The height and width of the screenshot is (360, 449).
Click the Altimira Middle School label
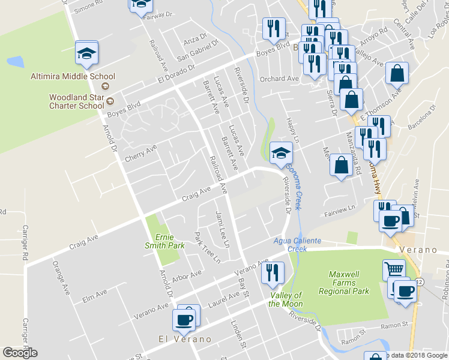click(73, 76)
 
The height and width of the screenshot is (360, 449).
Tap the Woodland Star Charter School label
click(77, 101)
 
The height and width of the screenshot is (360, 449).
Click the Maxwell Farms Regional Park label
click(351, 283)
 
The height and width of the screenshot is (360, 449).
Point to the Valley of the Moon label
click(285, 299)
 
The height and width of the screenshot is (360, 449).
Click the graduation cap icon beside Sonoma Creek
click(281, 153)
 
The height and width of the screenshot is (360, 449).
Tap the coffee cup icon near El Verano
click(184, 318)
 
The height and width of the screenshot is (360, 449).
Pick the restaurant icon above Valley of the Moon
click(273, 273)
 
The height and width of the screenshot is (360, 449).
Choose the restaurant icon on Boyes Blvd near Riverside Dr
click(273, 28)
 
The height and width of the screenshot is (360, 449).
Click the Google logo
click(20, 353)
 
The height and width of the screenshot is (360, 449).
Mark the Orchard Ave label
click(279, 79)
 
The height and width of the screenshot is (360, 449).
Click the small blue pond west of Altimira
click(15, 61)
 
